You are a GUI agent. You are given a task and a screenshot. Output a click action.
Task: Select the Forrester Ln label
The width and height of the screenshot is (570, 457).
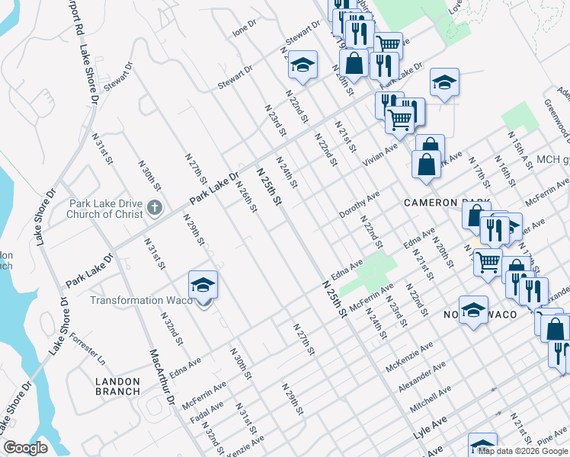point(87,346)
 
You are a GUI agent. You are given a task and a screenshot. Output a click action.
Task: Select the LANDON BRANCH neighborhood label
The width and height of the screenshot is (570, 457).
point(117,386)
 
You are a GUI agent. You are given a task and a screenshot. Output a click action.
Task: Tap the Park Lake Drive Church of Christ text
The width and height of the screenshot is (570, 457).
point(106,209)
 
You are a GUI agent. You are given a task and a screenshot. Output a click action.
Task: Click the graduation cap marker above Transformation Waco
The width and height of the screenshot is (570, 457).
point(203,284)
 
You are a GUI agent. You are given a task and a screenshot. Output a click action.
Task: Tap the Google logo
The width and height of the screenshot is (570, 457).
point(25,448)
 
